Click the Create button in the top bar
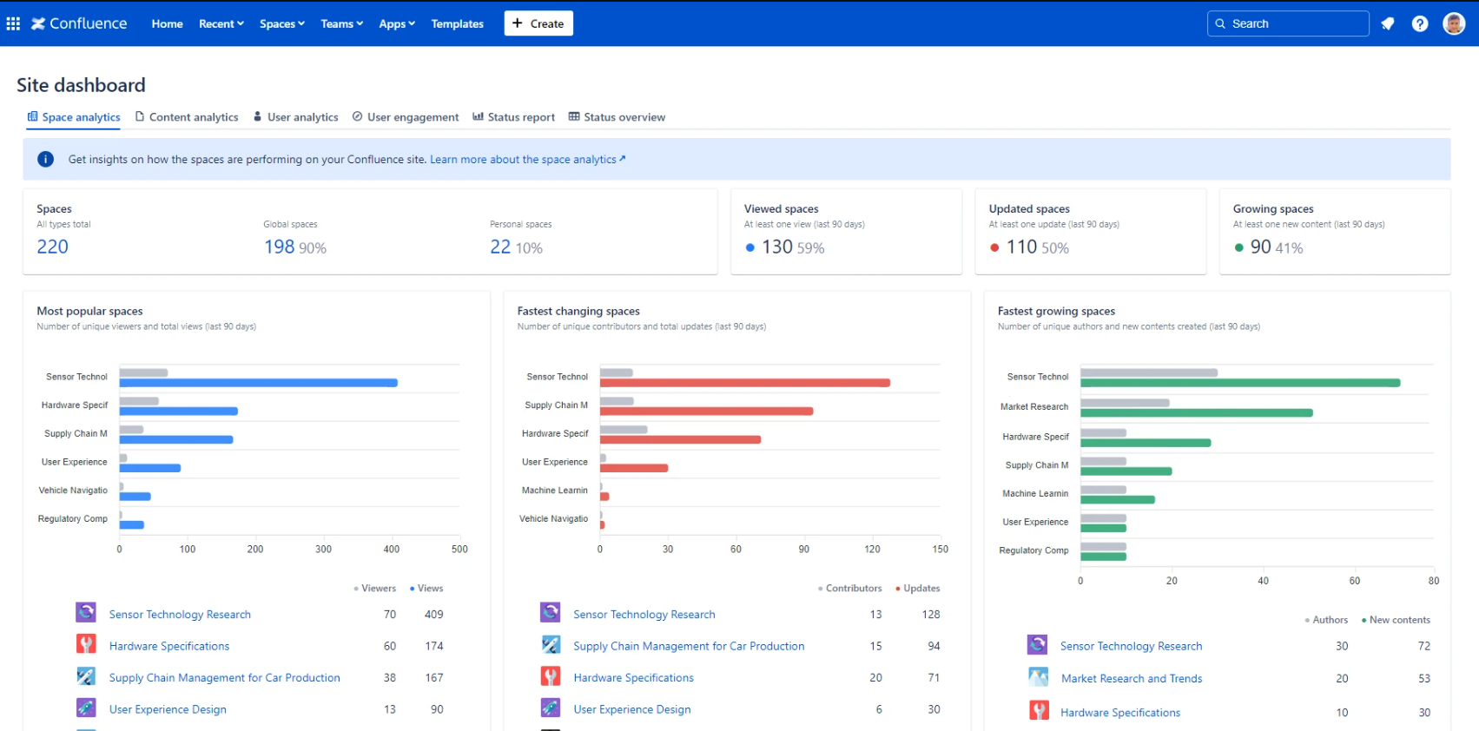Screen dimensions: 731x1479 pos(538,23)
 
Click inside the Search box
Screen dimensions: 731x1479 pos(1294,23)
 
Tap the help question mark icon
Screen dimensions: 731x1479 pos(1420,23)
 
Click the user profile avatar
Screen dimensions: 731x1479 pos(1454,23)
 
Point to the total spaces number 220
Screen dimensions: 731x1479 pos(52,247)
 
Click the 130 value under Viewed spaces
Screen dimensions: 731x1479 pos(777,247)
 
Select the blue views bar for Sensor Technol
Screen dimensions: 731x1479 pos(258,383)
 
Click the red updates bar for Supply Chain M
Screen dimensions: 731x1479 pos(706,412)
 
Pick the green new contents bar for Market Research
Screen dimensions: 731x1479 pos(1196,413)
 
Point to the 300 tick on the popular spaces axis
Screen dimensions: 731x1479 pos(323,550)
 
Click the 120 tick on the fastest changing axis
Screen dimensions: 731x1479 pos(872,550)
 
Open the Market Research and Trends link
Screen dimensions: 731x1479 pos(1132,679)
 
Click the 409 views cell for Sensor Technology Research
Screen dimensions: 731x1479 pos(434,615)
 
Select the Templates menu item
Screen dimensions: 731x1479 pos(457,23)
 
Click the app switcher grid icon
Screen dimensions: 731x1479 pos(13,23)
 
